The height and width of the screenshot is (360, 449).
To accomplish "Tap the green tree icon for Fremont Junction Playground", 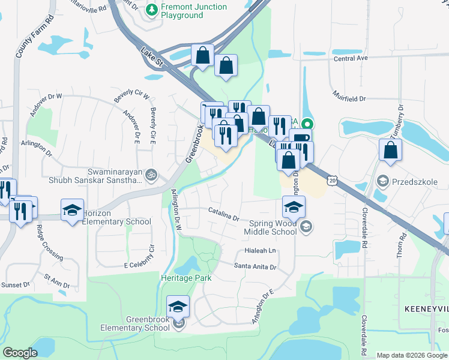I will point(152,10).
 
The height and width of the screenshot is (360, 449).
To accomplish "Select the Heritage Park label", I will point(186,278).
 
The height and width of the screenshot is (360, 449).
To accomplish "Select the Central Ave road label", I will point(351,59).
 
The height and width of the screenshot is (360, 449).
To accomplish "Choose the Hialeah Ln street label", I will point(260,251).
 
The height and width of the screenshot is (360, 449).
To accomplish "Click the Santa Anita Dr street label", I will point(255,266).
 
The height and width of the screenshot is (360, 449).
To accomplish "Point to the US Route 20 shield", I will point(333,179).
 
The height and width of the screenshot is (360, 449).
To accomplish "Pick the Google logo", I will point(20,352).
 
